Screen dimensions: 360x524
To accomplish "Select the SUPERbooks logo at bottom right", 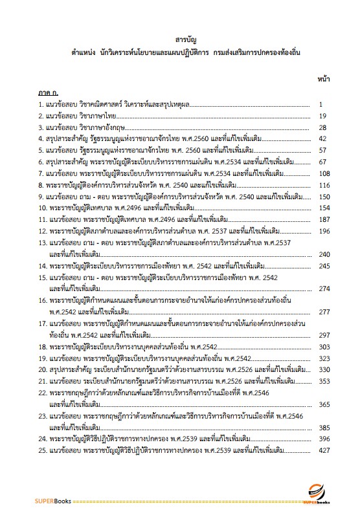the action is pos(317,496).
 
